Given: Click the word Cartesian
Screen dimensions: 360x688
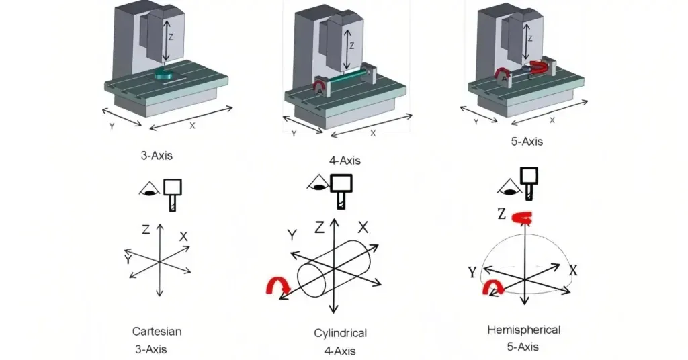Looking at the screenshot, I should [x=157, y=331].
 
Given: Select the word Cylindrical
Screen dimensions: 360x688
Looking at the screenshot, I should [x=340, y=333].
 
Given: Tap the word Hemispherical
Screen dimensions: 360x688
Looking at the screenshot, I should [x=523, y=330].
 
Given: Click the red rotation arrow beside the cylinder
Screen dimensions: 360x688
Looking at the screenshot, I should [x=277, y=287].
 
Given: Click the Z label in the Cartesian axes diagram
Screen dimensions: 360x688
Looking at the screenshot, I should [x=146, y=229].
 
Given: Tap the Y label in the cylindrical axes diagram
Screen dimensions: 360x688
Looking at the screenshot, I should [x=292, y=234].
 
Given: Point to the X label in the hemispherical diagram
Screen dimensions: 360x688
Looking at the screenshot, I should [x=573, y=270].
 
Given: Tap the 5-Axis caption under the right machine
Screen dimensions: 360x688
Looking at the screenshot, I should [x=526, y=142].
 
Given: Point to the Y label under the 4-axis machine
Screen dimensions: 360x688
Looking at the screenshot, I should [x=294, y=134].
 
